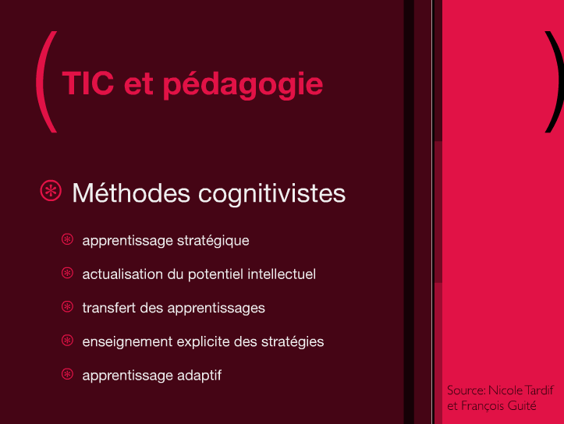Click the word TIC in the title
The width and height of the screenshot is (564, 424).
[x=88, y=83]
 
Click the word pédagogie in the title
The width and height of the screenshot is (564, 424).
[x=243, y=85]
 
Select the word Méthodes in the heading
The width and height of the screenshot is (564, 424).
[x=131, y=193]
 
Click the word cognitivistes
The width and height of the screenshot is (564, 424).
[x=272, y=195]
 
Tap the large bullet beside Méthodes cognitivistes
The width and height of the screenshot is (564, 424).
[x=51, y=190]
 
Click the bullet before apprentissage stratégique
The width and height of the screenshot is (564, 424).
[x=67, y=239]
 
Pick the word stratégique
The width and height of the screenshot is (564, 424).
[x=213, y=241]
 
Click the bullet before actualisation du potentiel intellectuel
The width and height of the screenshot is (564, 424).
[x=67, y=273]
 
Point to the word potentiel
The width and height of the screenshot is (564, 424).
[x=215, y=274]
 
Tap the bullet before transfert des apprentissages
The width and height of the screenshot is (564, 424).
[x=67, y=307]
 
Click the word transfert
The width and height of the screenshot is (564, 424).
[x=109, y=308]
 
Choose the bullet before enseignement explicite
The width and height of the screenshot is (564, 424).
[x=67, y=341]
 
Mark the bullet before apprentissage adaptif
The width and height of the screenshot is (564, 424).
[x=67, y=374]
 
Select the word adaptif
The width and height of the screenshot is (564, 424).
[x=199, y=376]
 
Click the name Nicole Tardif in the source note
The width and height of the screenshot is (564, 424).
[x=521, y=390]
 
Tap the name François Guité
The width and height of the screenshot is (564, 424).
[x=498, y=405]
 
